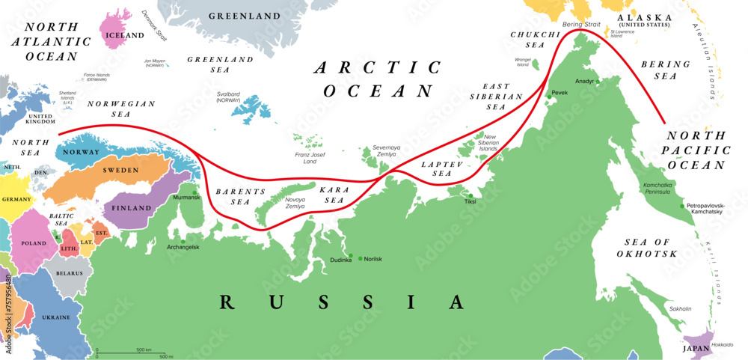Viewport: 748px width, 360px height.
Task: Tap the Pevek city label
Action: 560,93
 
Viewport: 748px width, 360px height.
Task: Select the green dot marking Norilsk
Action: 360,259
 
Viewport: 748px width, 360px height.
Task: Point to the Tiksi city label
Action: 470,201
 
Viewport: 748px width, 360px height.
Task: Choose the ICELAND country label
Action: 125,35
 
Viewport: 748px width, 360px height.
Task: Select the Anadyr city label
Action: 584,80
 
